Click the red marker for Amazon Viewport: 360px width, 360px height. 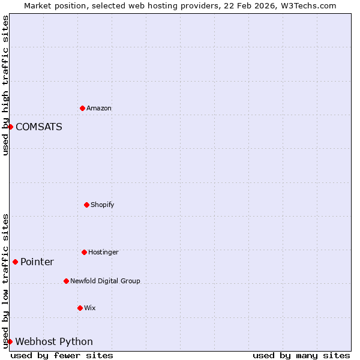click(82, 108)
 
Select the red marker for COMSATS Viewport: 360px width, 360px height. click(10, 127)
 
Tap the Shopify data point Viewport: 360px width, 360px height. click(86, 205)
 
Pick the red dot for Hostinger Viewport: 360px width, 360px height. click(84, 252)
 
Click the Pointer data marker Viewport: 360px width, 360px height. click(15, 262)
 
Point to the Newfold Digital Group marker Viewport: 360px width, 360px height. click(66, 281)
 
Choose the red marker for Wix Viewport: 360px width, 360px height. click(80, 308)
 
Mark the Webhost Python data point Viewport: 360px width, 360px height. click(10, 341)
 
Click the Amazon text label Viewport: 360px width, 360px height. click(99, 109)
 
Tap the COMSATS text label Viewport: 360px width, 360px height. click(39, 127)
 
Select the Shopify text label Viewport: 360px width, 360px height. click(103, 205)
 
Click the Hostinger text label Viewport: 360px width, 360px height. click(103, 253)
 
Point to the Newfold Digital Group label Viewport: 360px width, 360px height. click(105, 281)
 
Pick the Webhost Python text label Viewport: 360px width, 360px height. click(54, 342)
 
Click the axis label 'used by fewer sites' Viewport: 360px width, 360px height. click(62, 355)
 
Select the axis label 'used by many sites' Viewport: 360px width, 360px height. click(301, 355)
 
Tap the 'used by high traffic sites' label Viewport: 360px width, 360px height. click(5, 85)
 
